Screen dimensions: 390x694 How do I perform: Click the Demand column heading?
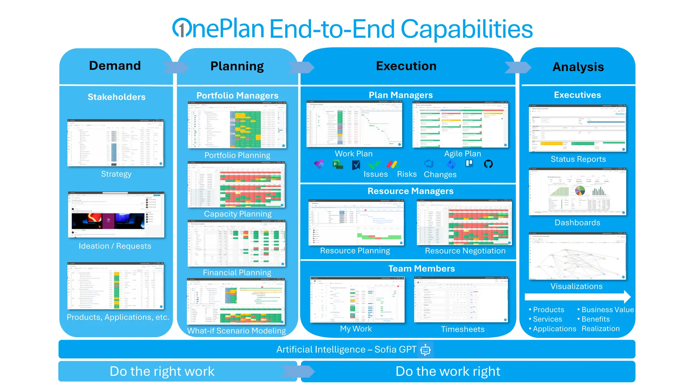tap(115, 66)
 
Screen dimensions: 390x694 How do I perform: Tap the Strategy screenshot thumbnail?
tap(116, 143)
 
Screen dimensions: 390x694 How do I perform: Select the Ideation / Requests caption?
tap(115, 246)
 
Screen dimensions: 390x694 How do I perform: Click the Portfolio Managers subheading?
tap(237, 95)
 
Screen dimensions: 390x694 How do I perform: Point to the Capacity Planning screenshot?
tap(237, 185)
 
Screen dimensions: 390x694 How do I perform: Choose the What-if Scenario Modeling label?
tap(237, 331)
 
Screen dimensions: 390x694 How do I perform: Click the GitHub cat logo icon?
tap(488, 164)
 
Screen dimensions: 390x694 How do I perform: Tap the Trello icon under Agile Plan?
tap(469, 164)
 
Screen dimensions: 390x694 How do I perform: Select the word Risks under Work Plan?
tap(407, 174)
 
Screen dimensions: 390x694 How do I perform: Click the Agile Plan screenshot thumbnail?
tap(460, 125)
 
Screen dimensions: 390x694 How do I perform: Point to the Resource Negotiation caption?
tap(465, 251)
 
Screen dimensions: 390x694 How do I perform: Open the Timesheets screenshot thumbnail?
tap(461, 300)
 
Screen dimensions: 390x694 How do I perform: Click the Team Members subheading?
tap(422, 268)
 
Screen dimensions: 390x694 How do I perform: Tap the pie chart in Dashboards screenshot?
tap(580, 191)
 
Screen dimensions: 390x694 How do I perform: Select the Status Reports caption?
tap(578, 159)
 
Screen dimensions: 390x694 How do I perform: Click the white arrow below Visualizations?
tap(577, 297)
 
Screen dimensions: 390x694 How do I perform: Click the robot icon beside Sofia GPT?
tap(426, 350)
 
